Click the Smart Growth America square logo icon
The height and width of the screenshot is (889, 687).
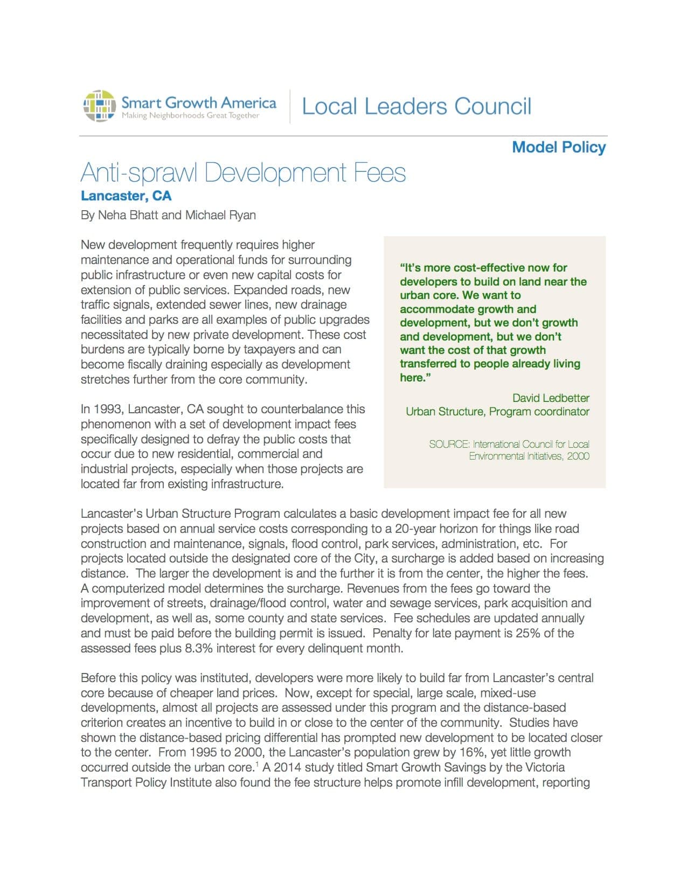click(99, 106)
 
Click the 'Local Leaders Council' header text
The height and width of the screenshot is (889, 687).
click(417, 106)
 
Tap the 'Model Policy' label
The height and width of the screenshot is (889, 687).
click(559, 147)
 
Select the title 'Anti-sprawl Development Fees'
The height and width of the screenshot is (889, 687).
click(243, 173)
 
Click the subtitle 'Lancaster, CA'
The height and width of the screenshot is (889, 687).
click(126, 196)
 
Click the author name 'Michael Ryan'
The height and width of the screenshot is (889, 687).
click(220, 215)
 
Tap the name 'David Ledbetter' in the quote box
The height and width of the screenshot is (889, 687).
click(551, 398)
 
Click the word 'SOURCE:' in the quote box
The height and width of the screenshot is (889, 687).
click(449, 444)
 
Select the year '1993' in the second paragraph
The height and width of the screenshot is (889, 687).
click(108, 409)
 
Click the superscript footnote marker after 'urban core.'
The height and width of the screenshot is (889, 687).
click(258, 764)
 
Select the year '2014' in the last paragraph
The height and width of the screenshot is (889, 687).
click(289, 767)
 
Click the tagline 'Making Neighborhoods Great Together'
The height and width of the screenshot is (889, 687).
click(190, 116)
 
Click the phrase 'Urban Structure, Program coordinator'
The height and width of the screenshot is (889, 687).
click(497, 412)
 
